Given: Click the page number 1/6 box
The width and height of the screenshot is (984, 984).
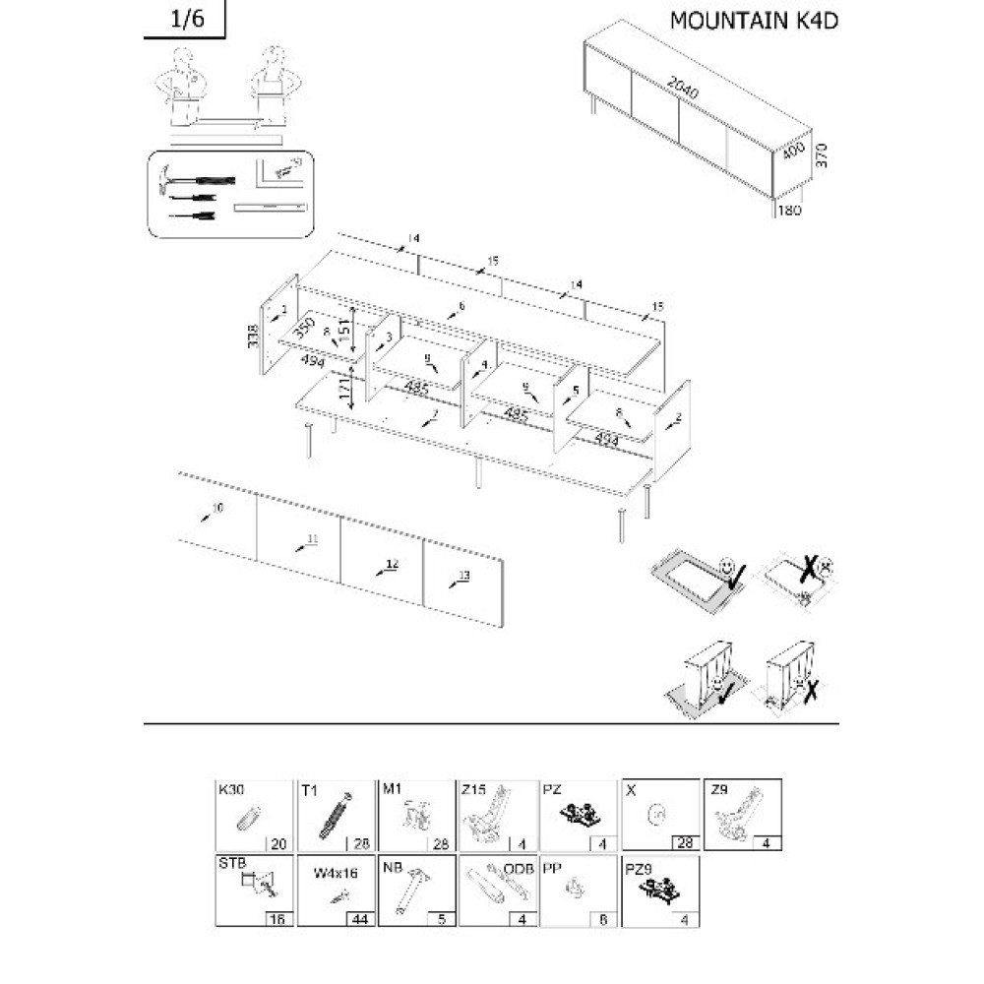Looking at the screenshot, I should [184, 19].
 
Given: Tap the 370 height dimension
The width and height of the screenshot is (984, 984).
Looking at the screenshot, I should [824, 154].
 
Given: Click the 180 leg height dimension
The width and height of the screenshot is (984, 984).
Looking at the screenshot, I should [790, 210].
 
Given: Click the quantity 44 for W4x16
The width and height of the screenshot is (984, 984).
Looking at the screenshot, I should [359, 918].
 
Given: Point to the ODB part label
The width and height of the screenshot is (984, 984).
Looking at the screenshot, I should [519, 869].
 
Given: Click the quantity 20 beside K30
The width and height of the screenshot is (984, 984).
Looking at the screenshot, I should [277, 842].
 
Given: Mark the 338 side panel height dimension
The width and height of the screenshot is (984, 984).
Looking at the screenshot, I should [254, 336].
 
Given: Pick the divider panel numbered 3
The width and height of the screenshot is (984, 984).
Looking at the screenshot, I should [383, 355].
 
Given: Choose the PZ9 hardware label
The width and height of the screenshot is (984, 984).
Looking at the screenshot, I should [639, 869].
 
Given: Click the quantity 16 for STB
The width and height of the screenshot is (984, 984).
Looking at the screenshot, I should [277, 918].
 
